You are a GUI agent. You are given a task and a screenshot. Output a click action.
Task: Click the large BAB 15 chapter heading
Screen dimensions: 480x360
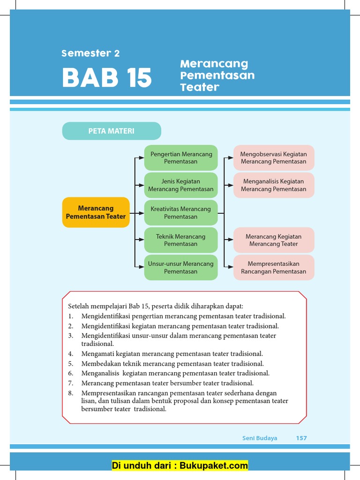107,78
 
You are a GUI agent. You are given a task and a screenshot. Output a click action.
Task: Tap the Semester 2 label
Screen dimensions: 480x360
90,53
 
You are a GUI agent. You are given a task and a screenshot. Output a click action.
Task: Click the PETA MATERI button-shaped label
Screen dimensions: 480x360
112,131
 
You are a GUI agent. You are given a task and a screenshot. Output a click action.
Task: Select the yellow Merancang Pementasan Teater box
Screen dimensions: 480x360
96,212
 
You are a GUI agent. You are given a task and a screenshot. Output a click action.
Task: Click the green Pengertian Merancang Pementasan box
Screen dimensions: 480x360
181,157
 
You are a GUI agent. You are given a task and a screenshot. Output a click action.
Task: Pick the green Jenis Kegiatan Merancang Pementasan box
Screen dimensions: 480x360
181,185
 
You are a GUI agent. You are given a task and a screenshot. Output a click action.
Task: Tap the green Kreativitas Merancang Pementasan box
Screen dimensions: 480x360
181,213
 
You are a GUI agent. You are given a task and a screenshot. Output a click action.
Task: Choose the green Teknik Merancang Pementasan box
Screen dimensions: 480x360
181,240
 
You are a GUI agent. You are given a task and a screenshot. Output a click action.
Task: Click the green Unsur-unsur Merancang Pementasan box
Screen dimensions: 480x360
181,268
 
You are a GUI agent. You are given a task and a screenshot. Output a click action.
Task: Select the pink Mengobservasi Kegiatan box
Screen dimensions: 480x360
274,157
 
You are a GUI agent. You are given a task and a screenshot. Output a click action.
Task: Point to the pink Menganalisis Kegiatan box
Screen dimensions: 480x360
274,185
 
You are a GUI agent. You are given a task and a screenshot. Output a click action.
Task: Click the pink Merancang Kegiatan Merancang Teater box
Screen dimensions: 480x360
274,240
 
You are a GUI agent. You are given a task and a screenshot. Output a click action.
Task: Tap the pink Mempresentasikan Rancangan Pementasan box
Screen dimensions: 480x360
274,268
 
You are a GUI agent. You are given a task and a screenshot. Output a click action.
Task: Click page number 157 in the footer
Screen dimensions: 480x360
301,438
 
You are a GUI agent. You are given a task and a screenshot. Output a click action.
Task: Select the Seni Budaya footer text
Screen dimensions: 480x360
260,438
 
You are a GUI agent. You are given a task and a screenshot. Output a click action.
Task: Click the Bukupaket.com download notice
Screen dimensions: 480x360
180,465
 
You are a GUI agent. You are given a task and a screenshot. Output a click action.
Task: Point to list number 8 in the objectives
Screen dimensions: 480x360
71,393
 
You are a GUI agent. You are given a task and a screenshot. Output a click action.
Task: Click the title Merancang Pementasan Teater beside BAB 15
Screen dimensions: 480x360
217,75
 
